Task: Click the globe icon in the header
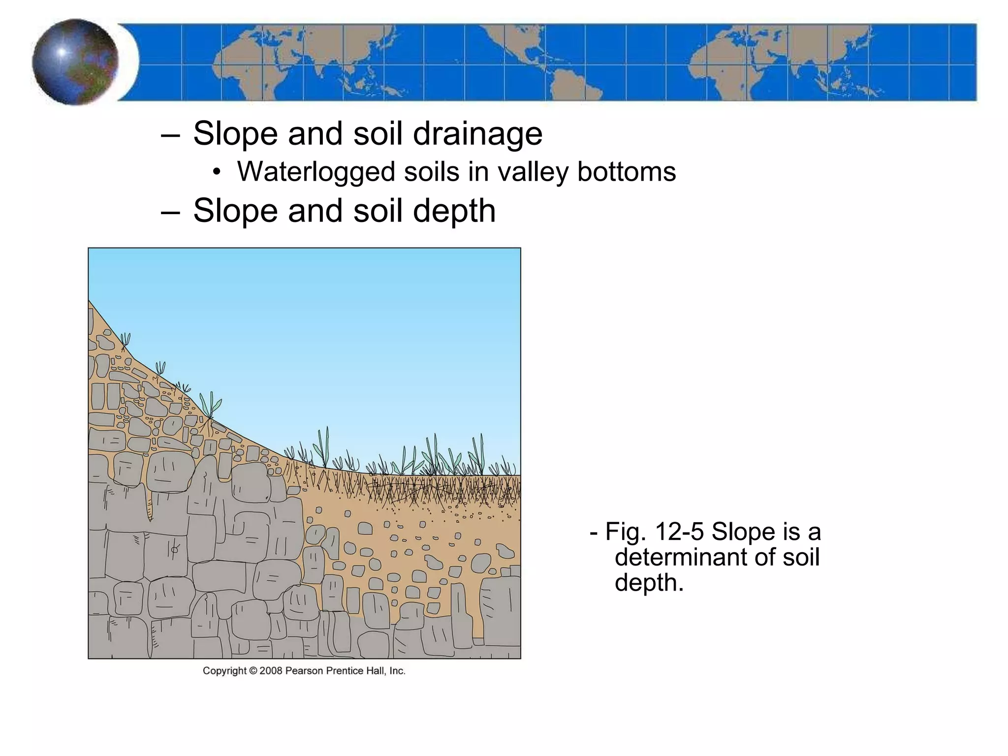click(x=75, y=62)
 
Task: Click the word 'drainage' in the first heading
click(x=477, y=134)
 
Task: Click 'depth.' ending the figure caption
click(x=649, y=583)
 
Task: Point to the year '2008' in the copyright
click(x=271, y=671)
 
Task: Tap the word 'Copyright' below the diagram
click(x=224, y=671)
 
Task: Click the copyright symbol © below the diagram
click(x=253, y=671)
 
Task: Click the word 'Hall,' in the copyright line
click(x=376, y=671)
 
